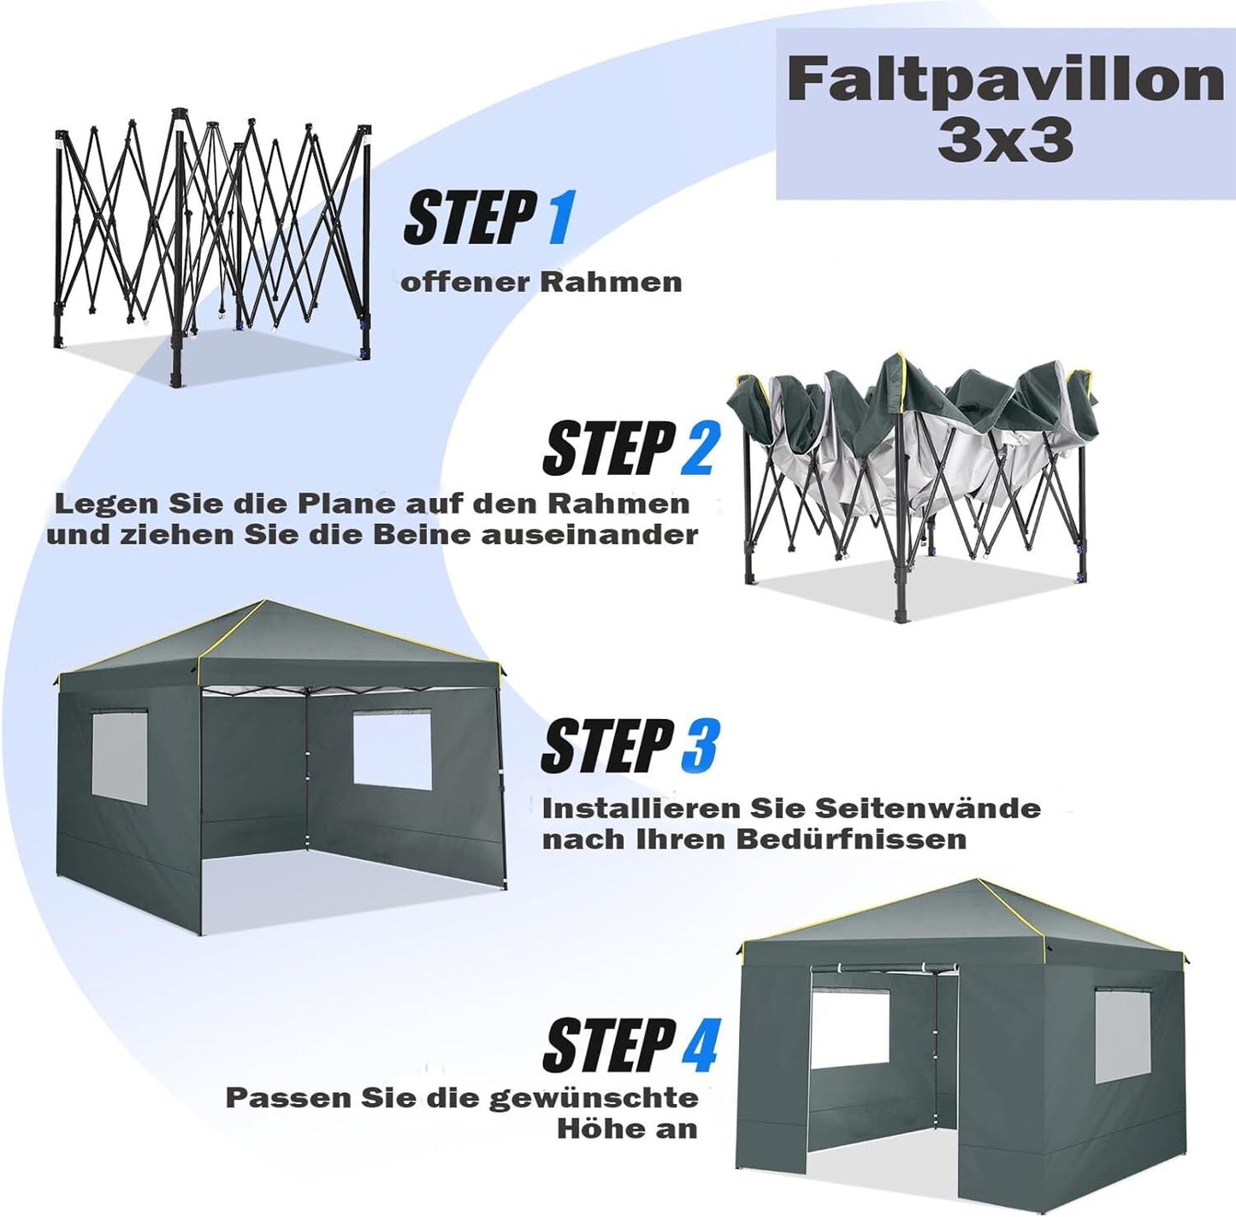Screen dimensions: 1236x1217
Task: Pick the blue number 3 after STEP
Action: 698,746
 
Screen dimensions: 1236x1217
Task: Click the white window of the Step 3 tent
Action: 393,751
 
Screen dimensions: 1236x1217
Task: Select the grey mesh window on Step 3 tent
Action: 120,754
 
